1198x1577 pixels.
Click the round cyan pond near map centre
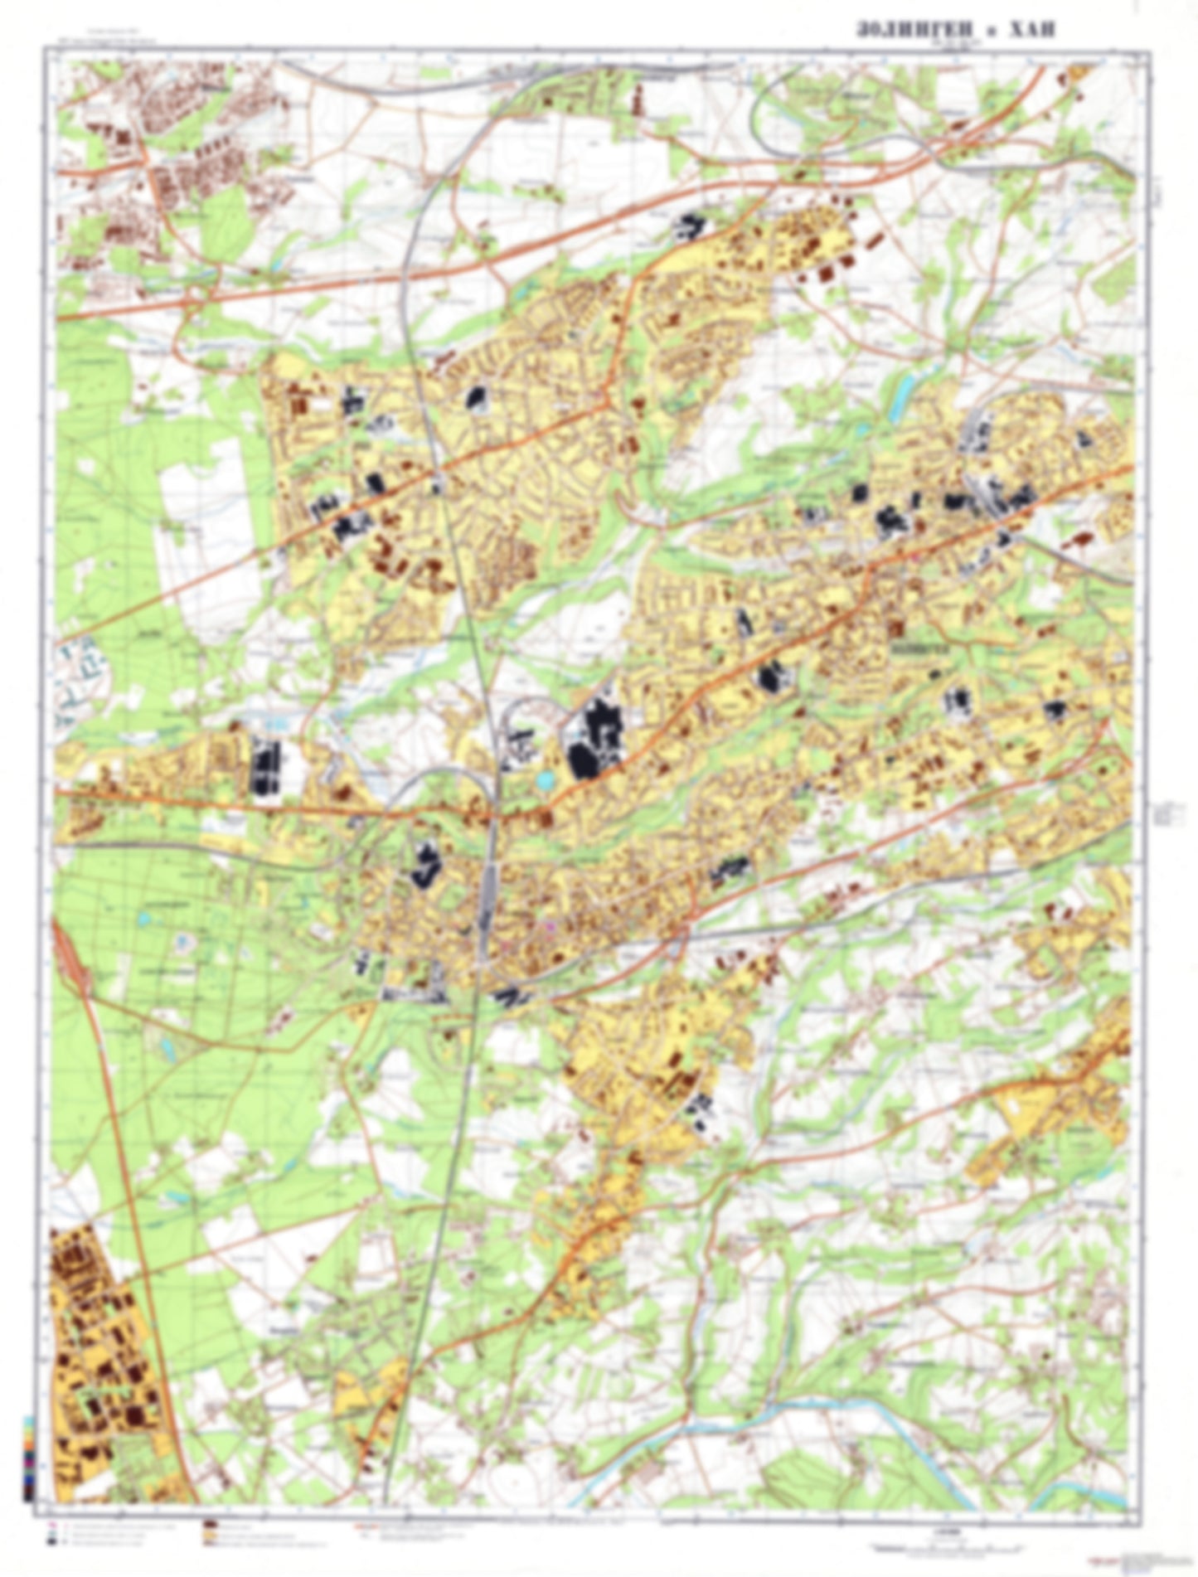coord(544,779)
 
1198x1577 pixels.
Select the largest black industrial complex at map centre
coord(593,737)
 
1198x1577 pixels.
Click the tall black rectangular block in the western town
coord(265,763)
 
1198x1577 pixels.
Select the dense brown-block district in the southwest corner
coord(99,1360)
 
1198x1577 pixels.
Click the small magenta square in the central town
coord(547,924)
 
